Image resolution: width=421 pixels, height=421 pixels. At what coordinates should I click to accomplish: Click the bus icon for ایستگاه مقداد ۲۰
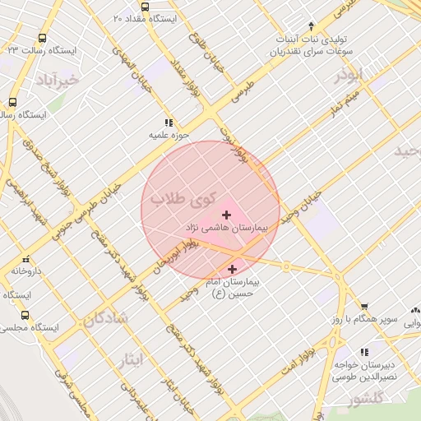click(x=145, y=7)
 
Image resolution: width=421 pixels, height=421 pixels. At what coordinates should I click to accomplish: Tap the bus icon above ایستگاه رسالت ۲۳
click(x=42, y=37)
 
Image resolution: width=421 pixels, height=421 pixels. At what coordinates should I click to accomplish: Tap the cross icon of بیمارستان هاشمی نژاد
click(x=227, y=215)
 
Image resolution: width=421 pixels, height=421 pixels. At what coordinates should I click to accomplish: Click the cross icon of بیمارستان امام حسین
click(x=232, y=269)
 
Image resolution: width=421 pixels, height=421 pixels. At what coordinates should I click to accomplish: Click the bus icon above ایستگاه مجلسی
click(x=24, y=315)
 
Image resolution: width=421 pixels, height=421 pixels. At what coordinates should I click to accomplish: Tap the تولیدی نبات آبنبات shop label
click(x=304, y=39)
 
